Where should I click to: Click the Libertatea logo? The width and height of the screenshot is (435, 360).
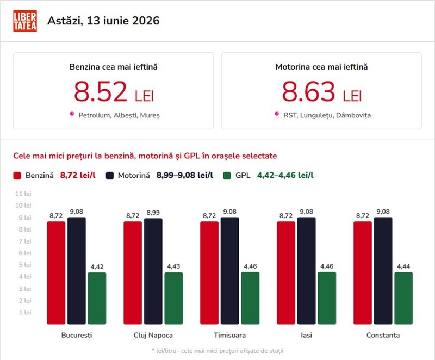(25, 21)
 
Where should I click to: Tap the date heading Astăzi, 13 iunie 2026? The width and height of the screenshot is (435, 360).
(103, 21)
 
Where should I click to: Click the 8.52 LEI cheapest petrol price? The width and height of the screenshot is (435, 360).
(114, 91)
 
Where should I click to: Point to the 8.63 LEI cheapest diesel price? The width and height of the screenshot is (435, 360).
(322, 91)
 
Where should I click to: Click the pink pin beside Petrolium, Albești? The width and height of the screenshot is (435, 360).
(72, 115)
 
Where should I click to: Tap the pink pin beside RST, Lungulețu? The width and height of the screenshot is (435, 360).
(277, 115)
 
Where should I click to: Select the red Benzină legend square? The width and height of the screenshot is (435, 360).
(17, 176)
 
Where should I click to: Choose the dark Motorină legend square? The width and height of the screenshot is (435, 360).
(110, 176)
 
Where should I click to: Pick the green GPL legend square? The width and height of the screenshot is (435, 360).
(227, 176)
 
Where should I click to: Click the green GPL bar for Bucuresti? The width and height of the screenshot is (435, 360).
(97, 299)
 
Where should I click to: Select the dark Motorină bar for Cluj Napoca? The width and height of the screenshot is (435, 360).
(153, 271)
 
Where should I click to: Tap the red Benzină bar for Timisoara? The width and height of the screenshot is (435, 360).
(209, 273)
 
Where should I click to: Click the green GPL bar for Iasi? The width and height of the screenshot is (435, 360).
(327, 298)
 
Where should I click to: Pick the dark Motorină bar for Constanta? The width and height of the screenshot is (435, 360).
(383, 271)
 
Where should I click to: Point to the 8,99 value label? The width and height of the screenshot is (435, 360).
(153, 213)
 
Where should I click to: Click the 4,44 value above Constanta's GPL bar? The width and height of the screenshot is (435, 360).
(403, 266)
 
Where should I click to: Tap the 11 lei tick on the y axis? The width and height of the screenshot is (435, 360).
(23, 194)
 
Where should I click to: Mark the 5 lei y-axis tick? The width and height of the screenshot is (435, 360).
(24, 265)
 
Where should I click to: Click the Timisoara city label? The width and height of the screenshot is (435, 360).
(229, 335)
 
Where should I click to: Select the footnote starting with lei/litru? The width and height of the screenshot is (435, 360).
(217, 351)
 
